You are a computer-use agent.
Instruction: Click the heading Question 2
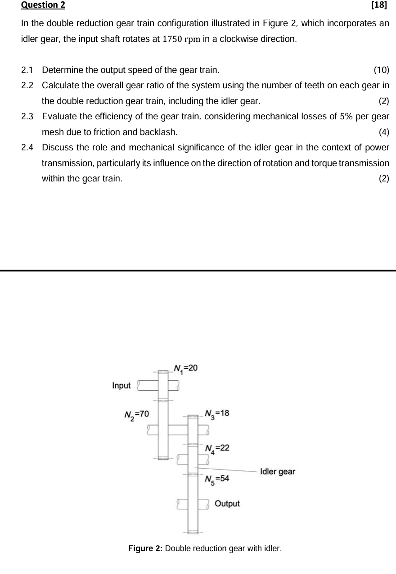(43, 5)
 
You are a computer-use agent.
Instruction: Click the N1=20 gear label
(185, 368)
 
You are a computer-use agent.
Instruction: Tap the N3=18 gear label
(217, 414)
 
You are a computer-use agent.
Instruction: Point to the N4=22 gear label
(217, 448)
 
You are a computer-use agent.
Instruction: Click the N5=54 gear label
(217, 479)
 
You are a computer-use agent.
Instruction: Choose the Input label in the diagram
(121, 385)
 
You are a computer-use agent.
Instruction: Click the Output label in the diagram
(227, 503)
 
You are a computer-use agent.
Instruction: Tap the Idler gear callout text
(278, 471)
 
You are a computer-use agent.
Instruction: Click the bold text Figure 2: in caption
(146, 548)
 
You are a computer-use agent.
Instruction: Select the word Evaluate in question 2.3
(58, 117)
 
